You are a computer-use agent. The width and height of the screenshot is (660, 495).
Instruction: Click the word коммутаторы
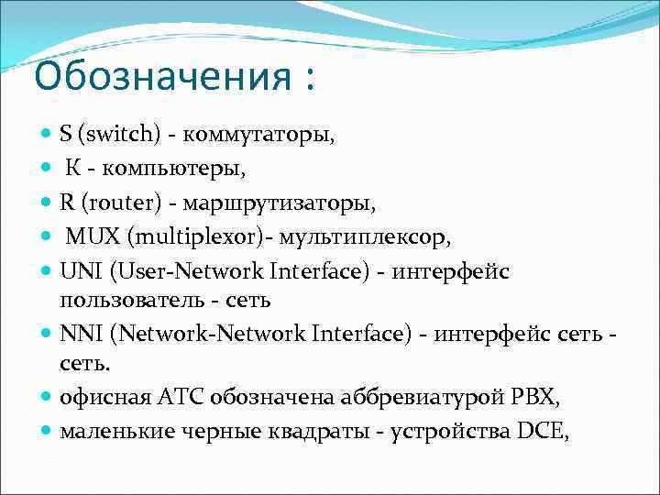[x=259, y=136]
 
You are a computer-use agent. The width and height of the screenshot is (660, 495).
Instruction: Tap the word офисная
[x=101, y=398]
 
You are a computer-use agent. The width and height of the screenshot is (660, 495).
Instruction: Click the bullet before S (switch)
[x=47, y=136]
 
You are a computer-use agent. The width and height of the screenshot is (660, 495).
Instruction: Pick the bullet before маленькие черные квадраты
[x=47, y=430]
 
